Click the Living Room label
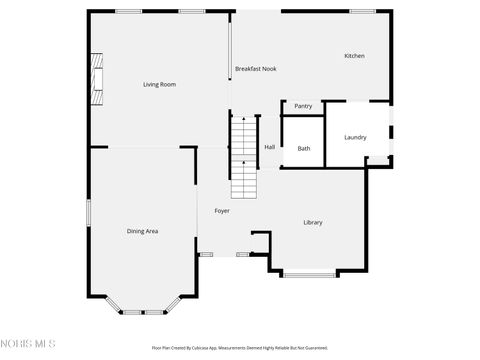tap(160, 84)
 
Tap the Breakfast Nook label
tap(255, 68)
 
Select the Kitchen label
tap(354, 56)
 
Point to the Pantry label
tap(303, 106)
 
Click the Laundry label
tap(355, 137)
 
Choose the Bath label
tap(304, 149)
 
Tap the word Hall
tap(270, 147)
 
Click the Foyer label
tap(222, 211)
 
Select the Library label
tap(313, 222)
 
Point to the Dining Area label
tap(142, 231)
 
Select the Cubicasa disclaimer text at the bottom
tap(239, 348)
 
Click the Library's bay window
tap(310, 273)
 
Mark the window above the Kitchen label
tap(362, 11)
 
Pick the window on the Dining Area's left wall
tap(88, 212)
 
